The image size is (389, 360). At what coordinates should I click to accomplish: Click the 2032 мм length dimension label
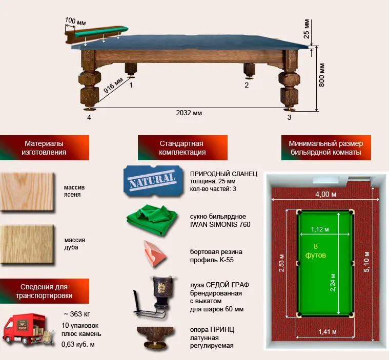[x=189, y=113]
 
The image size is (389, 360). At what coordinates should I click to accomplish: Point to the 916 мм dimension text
[x=113, y=86]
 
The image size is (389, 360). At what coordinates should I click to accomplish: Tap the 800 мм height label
[x=321, y=75]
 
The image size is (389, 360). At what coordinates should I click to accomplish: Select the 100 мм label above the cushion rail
[x=75, y=22]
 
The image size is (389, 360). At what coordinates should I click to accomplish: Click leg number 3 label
[x=289, y=117]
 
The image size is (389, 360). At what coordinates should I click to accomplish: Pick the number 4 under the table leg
[x=89, y=117]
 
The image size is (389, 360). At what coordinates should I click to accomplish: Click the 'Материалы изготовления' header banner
[x=45, y=147]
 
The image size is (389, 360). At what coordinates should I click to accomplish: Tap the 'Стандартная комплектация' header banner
[x=182, y=147]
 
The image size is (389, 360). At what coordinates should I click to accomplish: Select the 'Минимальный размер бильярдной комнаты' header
[x=326, y=147]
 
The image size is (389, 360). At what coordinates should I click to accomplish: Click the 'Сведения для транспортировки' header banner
[x=45, y=291]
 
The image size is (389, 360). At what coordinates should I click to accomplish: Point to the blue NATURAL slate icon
[x=153, y=181]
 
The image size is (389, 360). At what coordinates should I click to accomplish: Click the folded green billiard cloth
[x=152, y=220]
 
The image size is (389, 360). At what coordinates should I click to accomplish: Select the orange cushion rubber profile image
[x=154, y=253]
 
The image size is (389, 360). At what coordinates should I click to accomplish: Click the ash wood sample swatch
[x=27, y=192]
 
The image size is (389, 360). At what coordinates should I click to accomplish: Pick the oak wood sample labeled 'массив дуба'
[x=27, y=244]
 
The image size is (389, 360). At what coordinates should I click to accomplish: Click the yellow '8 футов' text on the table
[x=316, y=250]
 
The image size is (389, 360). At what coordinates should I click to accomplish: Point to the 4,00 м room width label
[x=326, y=194]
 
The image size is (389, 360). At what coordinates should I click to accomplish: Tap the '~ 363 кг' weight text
[x=77, y=314]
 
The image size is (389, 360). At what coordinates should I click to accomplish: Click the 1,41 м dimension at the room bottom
[x=327, y=331]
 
